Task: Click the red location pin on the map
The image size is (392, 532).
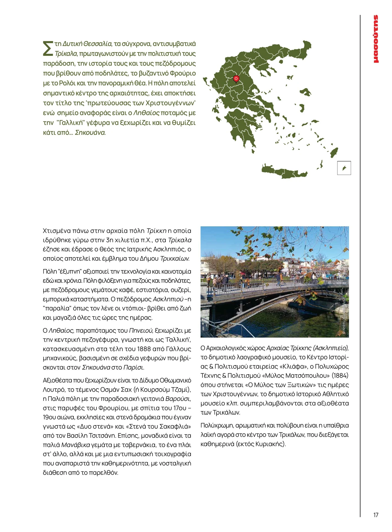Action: pyautogui.click(x=236, y=79)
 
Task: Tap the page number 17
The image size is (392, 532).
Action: pyautogui.click(x=375, y=515)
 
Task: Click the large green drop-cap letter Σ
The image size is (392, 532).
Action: pyautogui.click(x=48, y=48)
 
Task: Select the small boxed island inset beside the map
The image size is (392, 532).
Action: pyautogui.click(x=344, y=168)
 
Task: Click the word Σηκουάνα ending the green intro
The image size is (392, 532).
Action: pyautogui.click(x=90, y=133)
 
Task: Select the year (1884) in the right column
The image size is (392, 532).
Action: pyautogui.click(x=340, y=376)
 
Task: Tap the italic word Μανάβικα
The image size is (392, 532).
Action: pyautogui.click(x=75, y=445)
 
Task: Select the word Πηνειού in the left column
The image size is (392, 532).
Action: pyautogui.click(x=140, y=331)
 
